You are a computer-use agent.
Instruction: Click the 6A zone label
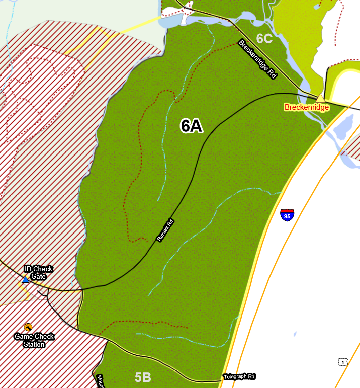tap(192, 126)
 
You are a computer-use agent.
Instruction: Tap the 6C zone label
tap(264, 38)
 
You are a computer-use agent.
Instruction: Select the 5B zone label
tap(143, 377)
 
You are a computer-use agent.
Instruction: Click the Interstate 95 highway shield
tap(287, 214)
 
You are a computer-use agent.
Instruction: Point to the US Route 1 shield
tap(342, 362)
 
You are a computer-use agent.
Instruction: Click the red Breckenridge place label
tap(307, 107)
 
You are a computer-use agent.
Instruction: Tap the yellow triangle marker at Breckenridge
tap(320, 98)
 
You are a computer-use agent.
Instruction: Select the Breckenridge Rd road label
tap(258, 59)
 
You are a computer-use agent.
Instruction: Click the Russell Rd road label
tap(165, 230)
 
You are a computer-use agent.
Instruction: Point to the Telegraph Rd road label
tap(239, 376)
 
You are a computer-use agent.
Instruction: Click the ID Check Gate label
tap(39, 273)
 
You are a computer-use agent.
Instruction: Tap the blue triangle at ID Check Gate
tap(25, 279)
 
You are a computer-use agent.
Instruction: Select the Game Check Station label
tap(34, 340)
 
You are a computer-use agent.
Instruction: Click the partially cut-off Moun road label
tap(99, 381)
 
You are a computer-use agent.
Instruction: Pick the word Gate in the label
tap(39, 276)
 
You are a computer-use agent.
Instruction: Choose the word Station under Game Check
tap(34, 344)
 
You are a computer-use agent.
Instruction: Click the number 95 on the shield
tap(287, 216)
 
